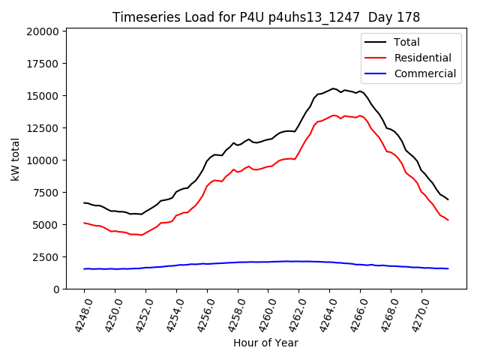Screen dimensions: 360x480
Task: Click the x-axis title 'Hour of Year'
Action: pyautogui.click(x=265, y=343)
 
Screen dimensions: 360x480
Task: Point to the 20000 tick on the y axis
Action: pyautogui.click(x=43, y=31)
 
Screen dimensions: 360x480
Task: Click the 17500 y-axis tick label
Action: pyautogui.click(x=43, y=64)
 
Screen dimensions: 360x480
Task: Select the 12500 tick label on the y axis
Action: pyautogui.click(x=43, y=128)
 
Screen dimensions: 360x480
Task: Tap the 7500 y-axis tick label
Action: pyautogui.click(x=46, y=193)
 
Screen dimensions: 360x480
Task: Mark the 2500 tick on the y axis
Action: pyautogui.click(x=46, y=257)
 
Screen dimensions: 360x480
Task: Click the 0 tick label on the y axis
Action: pyautogui.click(x=56, y=289)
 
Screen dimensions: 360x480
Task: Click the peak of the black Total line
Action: pyautogui.click(x=334, y=88)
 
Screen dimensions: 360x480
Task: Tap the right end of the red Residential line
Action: pyautogui.click(x=448, y=220)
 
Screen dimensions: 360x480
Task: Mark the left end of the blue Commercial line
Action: pyautogui.click(x=84, y=268)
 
